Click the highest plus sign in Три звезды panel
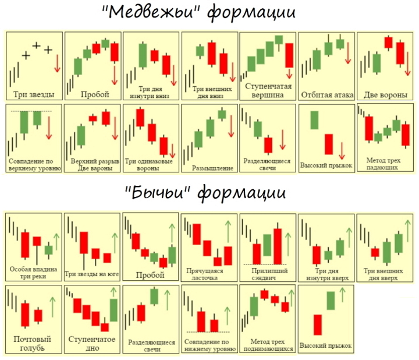[37, 45]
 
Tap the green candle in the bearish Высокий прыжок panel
[315, 120]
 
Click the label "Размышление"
[212, 168]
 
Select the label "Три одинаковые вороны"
[151, 164]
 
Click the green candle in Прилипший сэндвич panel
[267, 244]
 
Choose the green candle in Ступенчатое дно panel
[113, 310]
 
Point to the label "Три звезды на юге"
[91, 273]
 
